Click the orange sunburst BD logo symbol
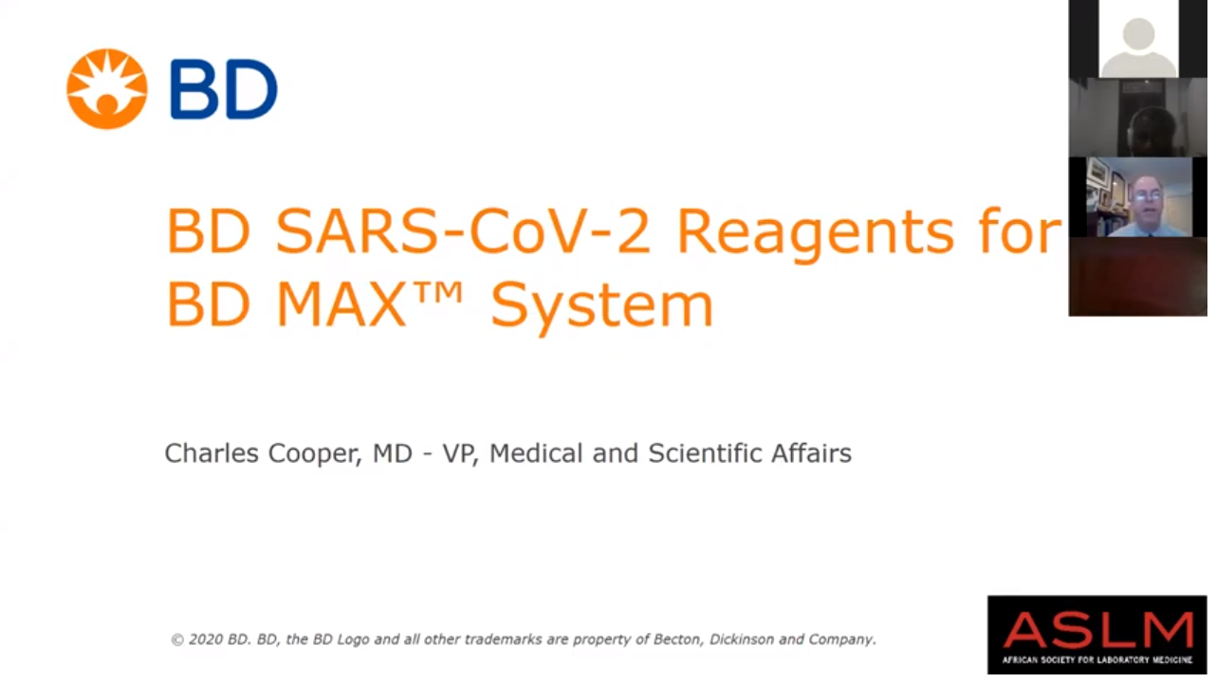pyautogui.click(x=107, y=89)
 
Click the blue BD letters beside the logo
pyautogui.click(x=224, y=89)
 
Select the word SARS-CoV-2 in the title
pyautogui.click(x=463, y=231)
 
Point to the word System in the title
pyautogui.click(x=601, y=306)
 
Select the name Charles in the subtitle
pyautogui.click(x=212, y=452)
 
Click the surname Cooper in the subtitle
pyautogui.click(x=316, y=454)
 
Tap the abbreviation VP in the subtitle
pyautogui.click(x=460, y=453)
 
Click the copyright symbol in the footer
pyautogui.click(x=177, y=639)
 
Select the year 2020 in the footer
pyautogui.click(x=206, y=639)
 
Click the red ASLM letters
pyautogui.click(x=1097, y=630)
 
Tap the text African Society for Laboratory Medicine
pyautogui.click(x=1097, y=660)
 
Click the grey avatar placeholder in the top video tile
pyautogui.click(x=1138, y=46)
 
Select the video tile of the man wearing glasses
pyautogui.click(x=1139, y=197)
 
